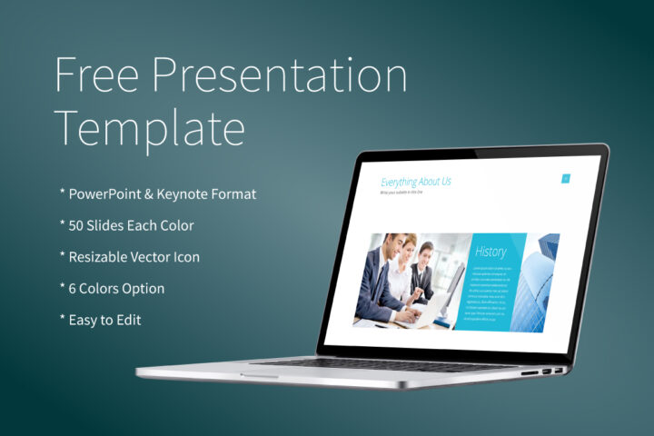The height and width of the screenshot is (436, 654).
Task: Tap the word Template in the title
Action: (150, 128)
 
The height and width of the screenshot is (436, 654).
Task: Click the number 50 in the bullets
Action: (78, 225)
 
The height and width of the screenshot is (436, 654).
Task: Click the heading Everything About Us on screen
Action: (415, 182)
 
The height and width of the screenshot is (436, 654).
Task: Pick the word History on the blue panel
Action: (490, 252)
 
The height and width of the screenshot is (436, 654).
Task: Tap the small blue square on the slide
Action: (565, 179)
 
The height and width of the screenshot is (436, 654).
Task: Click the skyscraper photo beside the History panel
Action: (542, 282)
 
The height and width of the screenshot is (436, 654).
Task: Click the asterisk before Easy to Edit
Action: (63, 320)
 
